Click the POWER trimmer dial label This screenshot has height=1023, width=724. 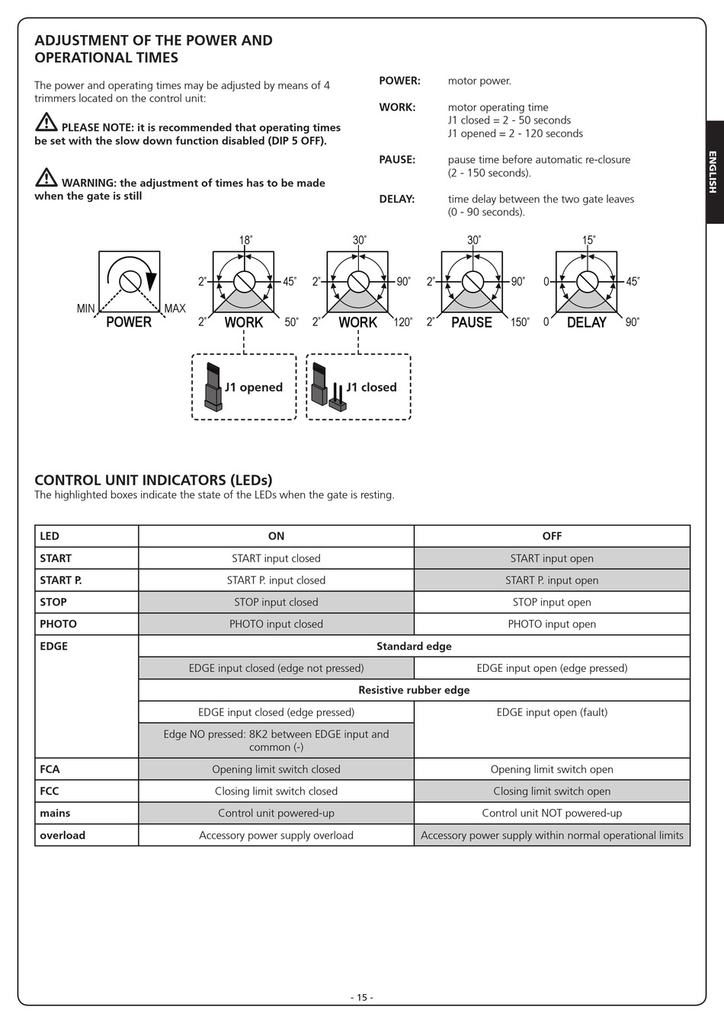pyautogui.click(x=129, y=322)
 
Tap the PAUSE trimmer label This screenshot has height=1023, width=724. pyautogui.click(x=472, y=322)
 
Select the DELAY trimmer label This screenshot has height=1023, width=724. pyautogui.click(x=586, y=322)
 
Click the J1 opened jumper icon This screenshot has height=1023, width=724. pyautogui.click(x=213, y=387)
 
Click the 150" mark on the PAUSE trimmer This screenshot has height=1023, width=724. pyautogui.click(x=520, y=322)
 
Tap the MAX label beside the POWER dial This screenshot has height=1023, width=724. pyautogui.click(x=175, y=308)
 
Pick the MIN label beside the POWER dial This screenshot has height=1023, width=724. pyautogui.click(x=86, y=308)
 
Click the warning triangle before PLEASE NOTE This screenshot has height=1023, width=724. pyautogui.click(x=46, y=122)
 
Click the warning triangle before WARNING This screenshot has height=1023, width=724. pyautogui.click(x=46, y=177)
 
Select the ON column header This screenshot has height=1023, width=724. pyautogui.click(x=277, y=536)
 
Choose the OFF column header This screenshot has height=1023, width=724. pyautogui.click(x=552, y=536)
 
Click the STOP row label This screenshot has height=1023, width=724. pyautogui.click(x=53, y=603)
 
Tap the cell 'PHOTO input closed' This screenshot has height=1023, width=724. pyautogui.click(x=277, y=624)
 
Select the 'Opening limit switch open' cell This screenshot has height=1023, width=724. pyautogui.click(x=552, y=769)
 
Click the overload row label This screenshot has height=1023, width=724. pyautogui.click(x=62, y=836)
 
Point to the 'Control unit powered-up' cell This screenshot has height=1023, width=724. pyautogui.click(x=277, y=814)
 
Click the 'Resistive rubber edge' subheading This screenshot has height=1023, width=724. pyautogui.click(x=414, y=690)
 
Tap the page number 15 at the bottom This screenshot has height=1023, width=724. pyautogui.click(x=362, y=998)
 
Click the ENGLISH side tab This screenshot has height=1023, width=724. pyautogui.click(x=713, y=172)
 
